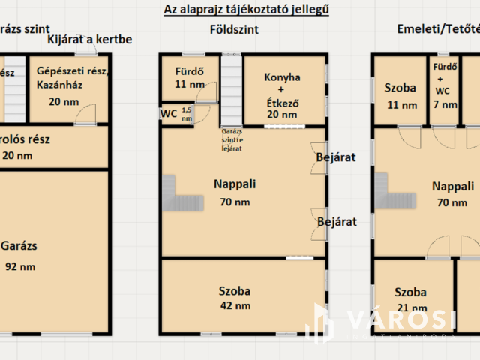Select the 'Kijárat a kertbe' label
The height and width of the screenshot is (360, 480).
pos(90,39)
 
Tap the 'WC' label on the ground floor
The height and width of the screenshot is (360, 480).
pos(169,114)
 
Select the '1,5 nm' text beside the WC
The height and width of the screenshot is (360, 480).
pos(187,115)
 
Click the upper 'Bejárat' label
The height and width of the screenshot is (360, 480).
pos(335,157)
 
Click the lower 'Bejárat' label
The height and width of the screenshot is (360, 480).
pos(336,222)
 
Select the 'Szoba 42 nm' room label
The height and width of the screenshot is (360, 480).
pos(235,298)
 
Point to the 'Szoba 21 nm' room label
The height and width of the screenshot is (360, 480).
pos(410,299)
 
